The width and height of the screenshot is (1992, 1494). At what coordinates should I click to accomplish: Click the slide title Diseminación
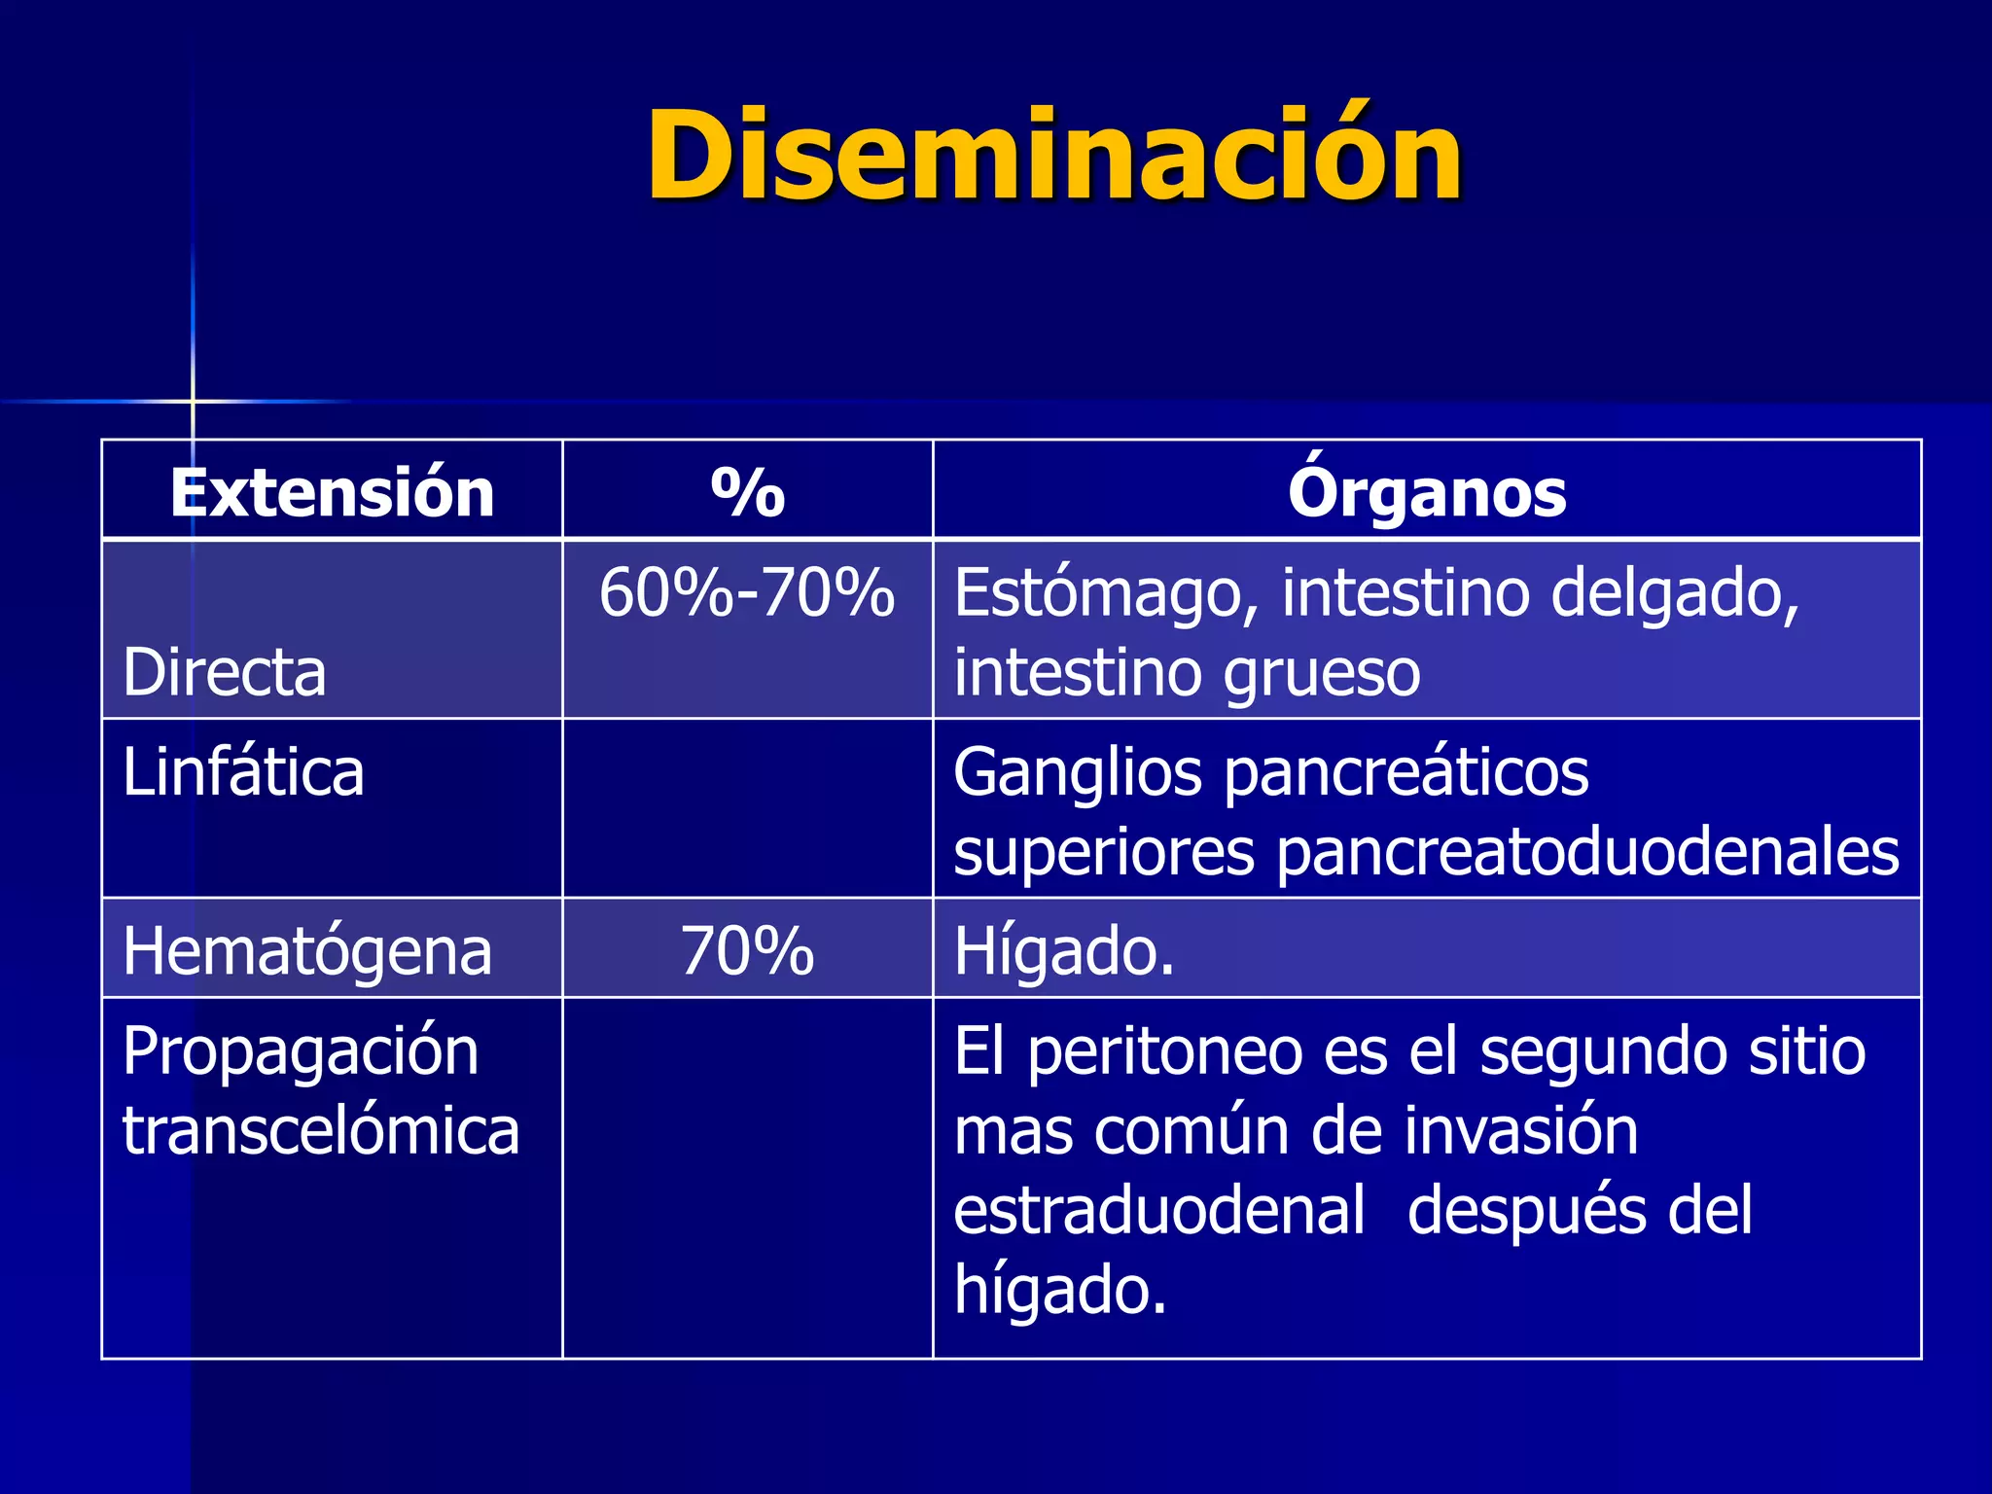(1054, 156)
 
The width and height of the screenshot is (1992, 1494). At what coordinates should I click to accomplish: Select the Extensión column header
(332, 492)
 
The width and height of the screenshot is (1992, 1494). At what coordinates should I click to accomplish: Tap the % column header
(747, 492)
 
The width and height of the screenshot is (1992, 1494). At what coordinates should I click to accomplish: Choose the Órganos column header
(1426, 492)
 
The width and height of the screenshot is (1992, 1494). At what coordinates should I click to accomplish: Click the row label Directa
(225, 672)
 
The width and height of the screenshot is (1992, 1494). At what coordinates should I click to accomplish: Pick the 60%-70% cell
(747, 592)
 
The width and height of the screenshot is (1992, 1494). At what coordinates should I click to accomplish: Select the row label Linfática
(243, 772)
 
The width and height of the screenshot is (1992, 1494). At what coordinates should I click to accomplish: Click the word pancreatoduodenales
(1587, 852)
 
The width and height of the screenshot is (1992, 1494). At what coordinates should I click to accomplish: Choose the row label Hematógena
(307, 950)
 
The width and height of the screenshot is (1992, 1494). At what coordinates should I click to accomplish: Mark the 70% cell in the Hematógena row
(747, 950)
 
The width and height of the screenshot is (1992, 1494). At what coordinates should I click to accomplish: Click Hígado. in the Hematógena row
(1064, 950)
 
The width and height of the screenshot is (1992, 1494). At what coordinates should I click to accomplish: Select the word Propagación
(301, 1051)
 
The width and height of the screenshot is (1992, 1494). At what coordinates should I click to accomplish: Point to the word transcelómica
(321, 1130)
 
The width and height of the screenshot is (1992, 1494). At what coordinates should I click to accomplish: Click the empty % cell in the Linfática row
(747, 808)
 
